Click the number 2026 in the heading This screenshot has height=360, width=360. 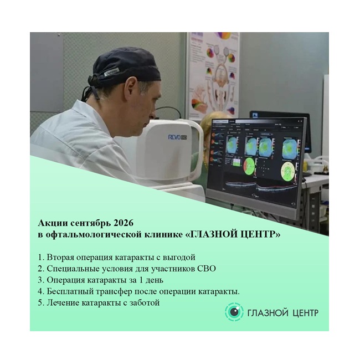124,223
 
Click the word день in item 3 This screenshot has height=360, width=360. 154,280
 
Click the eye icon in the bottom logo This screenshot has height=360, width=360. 234,312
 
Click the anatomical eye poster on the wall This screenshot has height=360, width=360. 214,74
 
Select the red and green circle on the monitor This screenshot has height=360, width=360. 249,167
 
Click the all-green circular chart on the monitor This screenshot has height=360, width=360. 287,171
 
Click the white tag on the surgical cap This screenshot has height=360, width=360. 111,72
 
